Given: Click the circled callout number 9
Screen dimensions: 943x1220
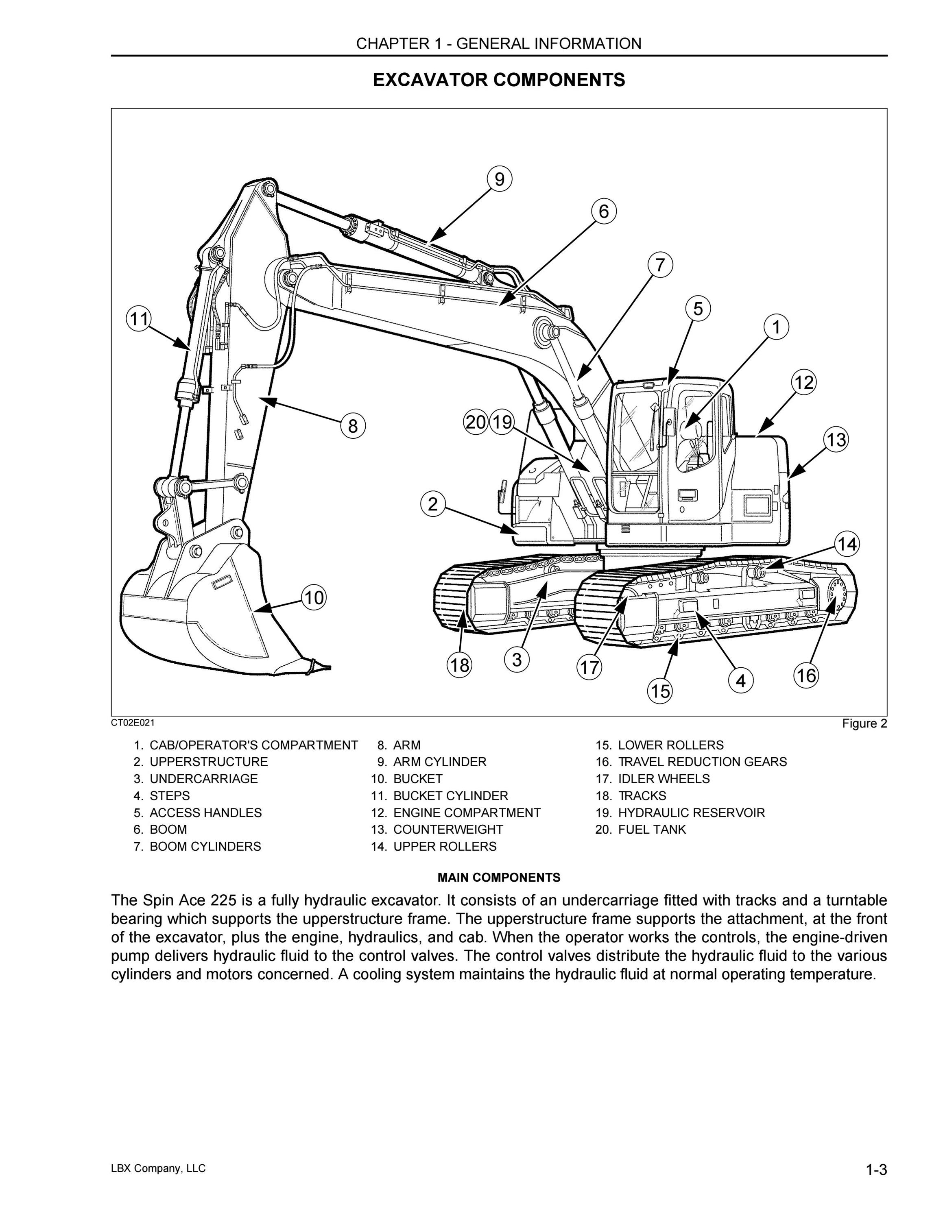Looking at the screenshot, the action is pos(500,179).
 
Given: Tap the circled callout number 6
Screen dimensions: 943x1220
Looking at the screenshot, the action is pos(604,212).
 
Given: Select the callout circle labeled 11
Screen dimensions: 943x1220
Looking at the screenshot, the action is pos(139,319).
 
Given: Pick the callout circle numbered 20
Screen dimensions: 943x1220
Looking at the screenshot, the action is pos(476,422).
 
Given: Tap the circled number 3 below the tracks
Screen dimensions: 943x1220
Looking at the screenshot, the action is pos(517,660).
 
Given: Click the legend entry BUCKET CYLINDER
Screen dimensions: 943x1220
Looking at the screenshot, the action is pos(451,795).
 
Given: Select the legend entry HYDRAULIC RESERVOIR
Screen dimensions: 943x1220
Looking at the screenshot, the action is pos(691,812).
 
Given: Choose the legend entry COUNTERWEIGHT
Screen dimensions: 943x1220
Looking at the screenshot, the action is pos(448,829).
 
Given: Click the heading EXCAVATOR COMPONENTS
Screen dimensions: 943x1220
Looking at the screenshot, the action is pos(499,80).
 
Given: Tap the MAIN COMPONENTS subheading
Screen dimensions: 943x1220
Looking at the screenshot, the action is pos(499,878).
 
